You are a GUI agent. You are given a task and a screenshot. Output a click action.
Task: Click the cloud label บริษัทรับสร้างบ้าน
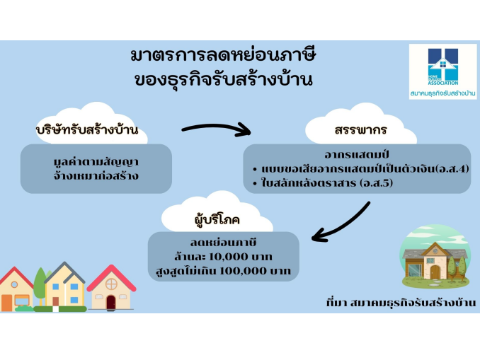pos(87,130)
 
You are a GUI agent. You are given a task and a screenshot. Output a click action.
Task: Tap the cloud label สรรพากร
pos(361,130)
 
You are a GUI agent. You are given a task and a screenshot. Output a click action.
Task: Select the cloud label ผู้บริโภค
pos(217,220)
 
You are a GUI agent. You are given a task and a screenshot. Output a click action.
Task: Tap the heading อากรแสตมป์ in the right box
pos(356,154)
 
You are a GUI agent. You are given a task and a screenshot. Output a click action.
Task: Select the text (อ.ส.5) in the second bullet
pos(376,183)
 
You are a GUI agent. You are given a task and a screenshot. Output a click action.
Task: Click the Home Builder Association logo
pos(443,71)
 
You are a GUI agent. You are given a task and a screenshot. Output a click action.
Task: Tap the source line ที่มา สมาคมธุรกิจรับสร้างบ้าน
pos(401,303)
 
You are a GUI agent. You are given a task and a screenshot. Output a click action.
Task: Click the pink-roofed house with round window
pos(111,288)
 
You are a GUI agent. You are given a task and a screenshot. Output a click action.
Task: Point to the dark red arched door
pos(111,303)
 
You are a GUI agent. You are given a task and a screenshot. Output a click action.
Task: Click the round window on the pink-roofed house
pos(111,284)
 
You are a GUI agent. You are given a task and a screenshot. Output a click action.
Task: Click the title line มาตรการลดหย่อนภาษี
pos(223,55)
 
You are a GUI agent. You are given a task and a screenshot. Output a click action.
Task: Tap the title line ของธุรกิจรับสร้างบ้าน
pos(224,79)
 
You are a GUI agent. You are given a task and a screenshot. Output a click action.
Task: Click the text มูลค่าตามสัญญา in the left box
pos(96,161)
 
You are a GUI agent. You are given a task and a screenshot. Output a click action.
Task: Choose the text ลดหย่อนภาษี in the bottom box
pos(223,243)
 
